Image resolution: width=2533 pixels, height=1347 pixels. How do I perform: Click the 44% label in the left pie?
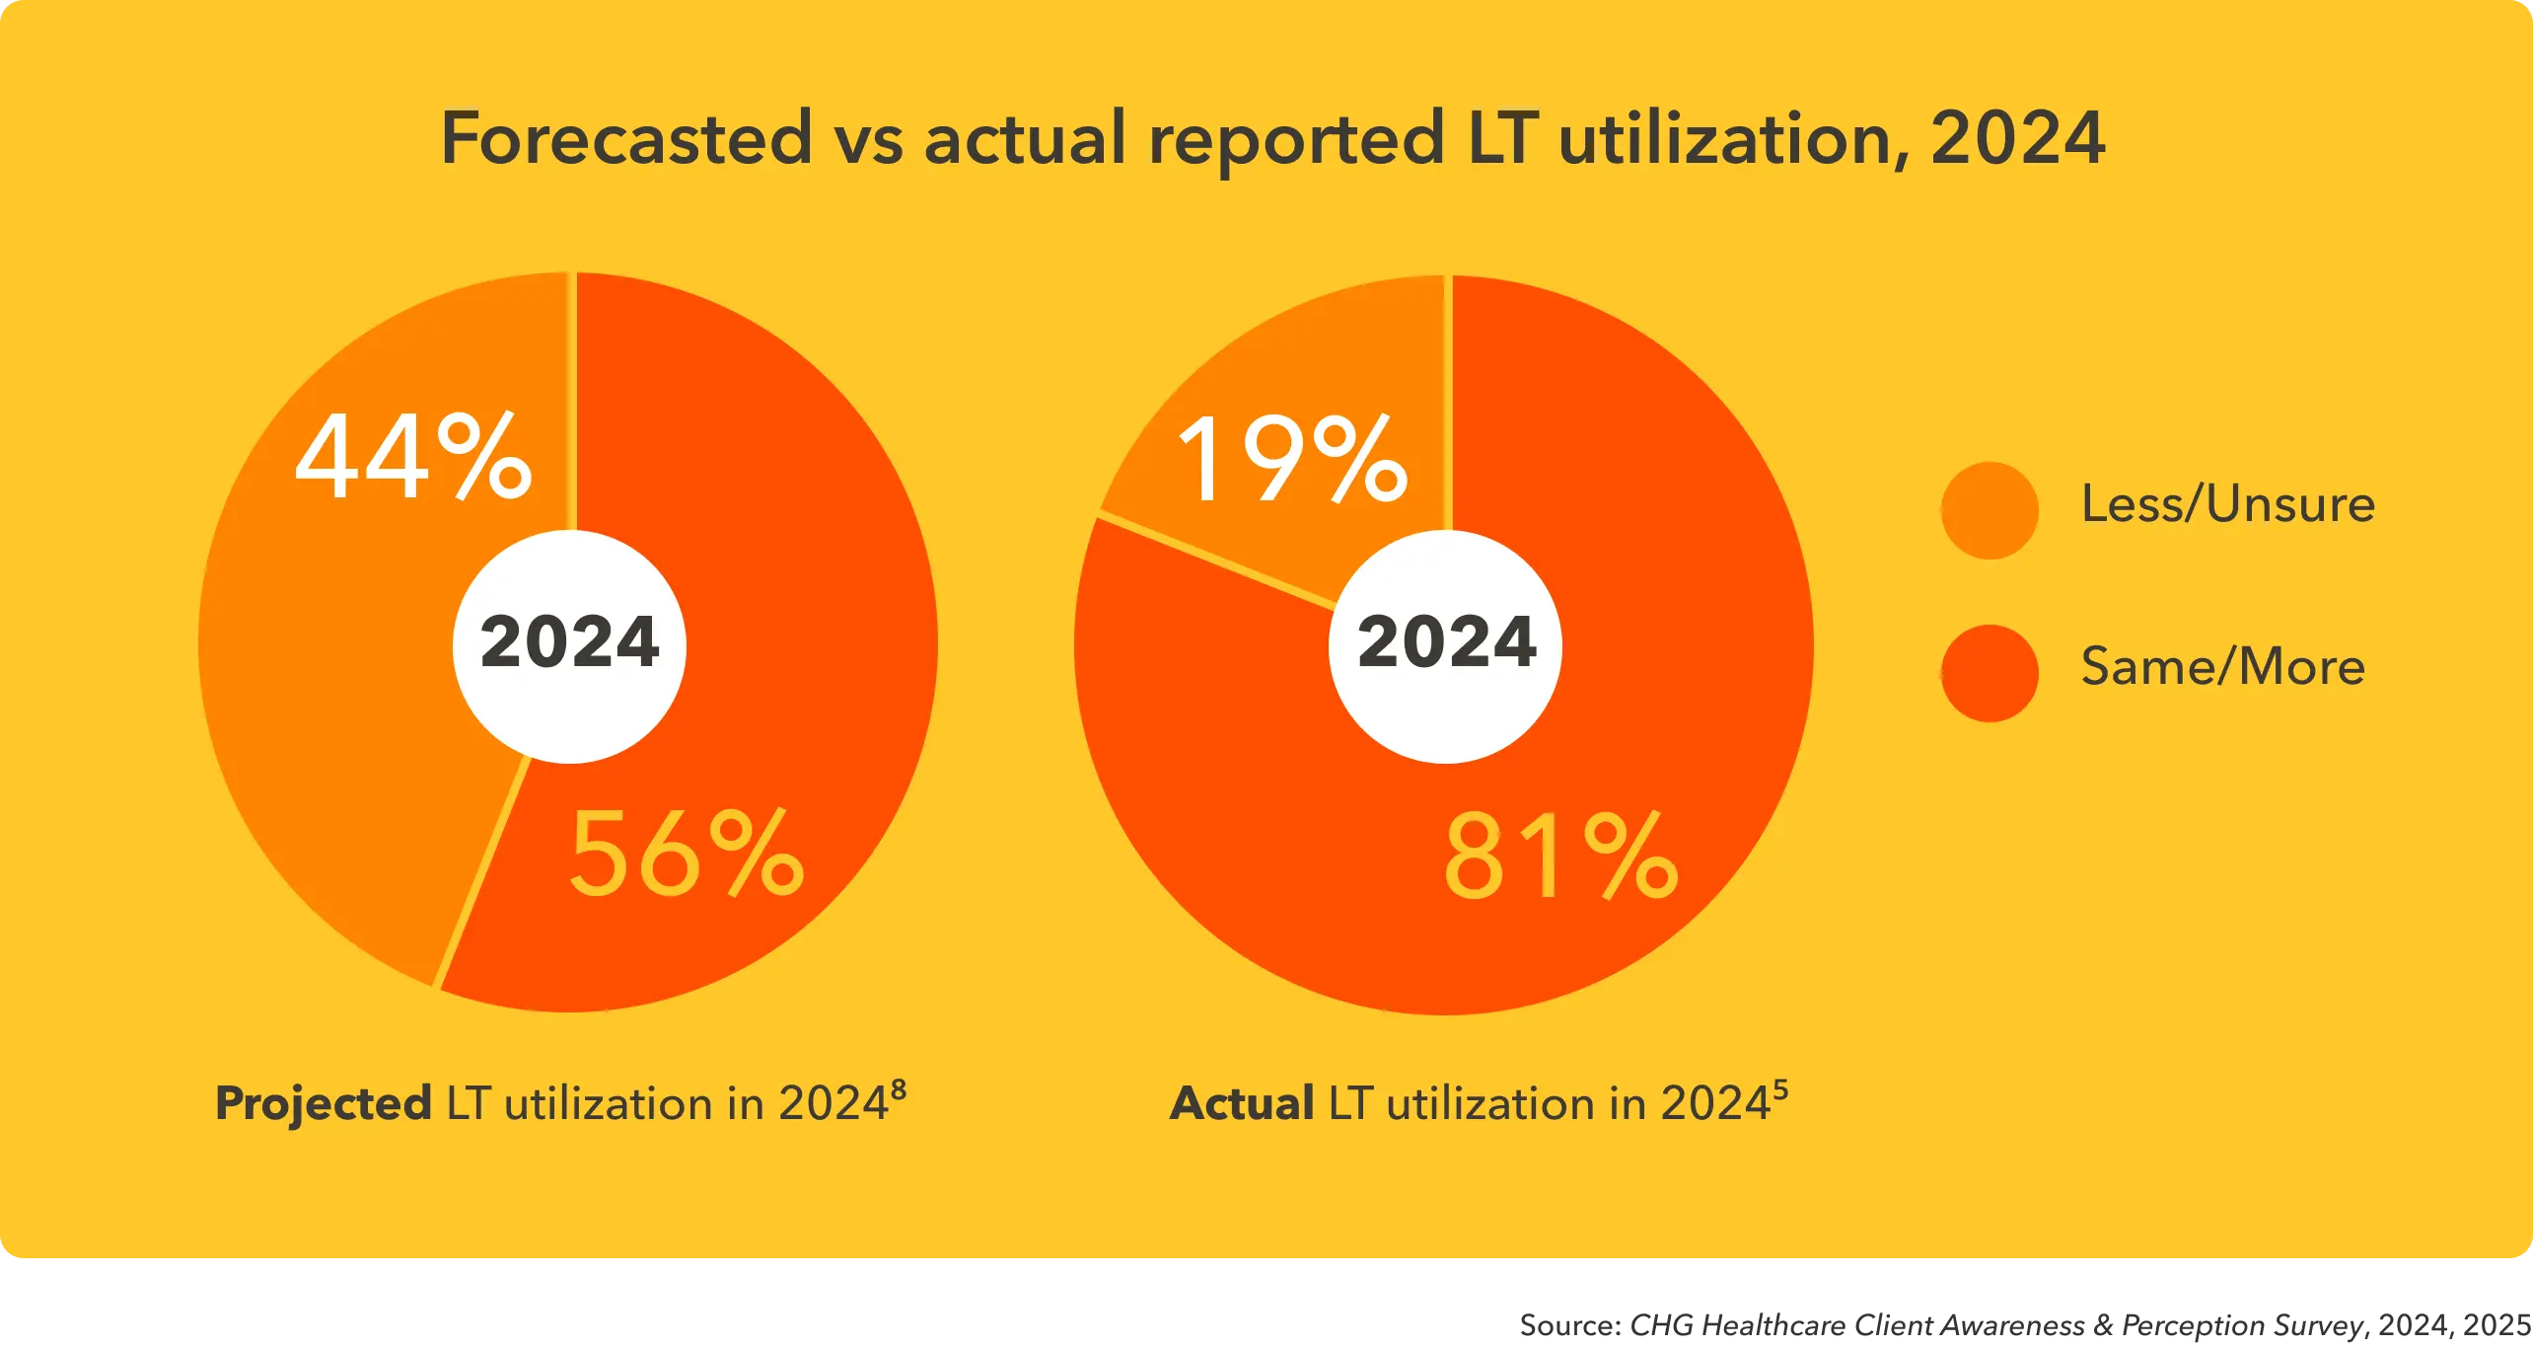(413, 457)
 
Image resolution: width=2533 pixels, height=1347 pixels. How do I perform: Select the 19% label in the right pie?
(1293, 460)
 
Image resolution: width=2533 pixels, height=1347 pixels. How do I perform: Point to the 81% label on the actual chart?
(1560, 858)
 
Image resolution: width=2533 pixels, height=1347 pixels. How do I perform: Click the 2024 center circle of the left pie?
(569, 643)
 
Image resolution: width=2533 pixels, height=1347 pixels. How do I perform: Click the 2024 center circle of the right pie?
(1446, 643)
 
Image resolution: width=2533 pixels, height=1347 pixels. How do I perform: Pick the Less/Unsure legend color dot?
(1990, 510)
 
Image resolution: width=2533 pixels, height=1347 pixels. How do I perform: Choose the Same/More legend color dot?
(1990, 673)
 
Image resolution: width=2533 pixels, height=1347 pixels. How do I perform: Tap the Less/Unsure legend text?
(2227, 504)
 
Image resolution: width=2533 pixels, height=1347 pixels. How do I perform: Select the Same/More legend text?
(2222, 667)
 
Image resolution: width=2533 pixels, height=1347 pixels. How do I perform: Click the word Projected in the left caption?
(324, 1104)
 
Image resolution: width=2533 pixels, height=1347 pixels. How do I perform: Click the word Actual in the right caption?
(1242, 1104)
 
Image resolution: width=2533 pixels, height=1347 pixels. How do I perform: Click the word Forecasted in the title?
(626, 139)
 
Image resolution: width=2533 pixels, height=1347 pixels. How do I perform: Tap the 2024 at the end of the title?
(2017, 139)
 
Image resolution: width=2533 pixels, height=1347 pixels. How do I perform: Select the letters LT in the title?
(1503, 139)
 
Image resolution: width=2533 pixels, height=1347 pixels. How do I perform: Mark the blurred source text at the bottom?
(2022, 1325)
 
